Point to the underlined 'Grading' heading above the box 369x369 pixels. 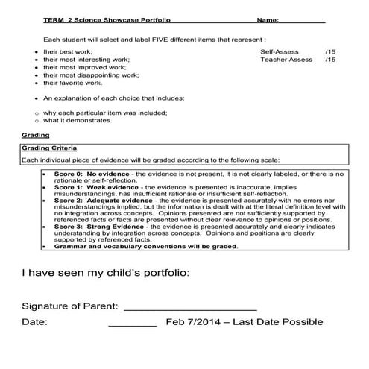35,136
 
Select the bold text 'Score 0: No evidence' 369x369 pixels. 88,174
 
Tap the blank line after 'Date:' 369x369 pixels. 133,324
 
